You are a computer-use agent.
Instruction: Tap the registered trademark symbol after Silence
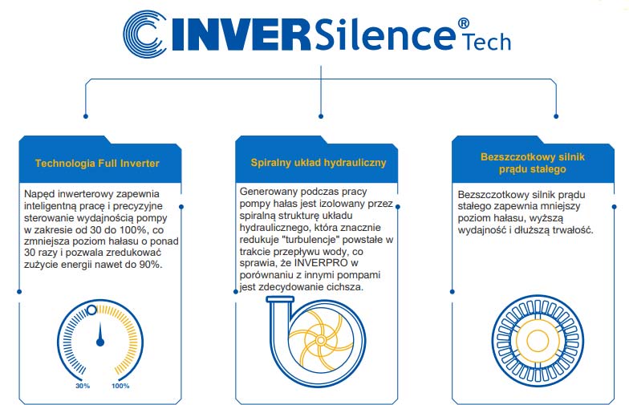click(464, 22)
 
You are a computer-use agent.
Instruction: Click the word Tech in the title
click(487, 42)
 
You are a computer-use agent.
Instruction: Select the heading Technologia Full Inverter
click(97, 164)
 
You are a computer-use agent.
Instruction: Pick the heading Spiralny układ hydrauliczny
click(319, 163)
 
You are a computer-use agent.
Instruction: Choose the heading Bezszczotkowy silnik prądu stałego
click(533, 163)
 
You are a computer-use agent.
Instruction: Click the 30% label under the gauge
click(83, 386)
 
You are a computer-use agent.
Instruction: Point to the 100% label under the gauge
click(120, 386)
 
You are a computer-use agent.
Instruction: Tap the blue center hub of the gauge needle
click(100, 342)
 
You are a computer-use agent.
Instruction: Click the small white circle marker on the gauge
click(91, 310)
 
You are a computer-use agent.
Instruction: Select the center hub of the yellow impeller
click(321, 340)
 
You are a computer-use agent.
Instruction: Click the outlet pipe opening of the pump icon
click(280, 299)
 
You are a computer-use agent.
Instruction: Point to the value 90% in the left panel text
click(151, 265)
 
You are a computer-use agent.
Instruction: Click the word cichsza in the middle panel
click(345, 287)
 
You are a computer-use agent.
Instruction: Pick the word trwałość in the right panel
click(573, 230)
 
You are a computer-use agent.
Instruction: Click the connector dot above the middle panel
click(321, 116)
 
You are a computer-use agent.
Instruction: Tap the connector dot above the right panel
click(556, 116)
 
